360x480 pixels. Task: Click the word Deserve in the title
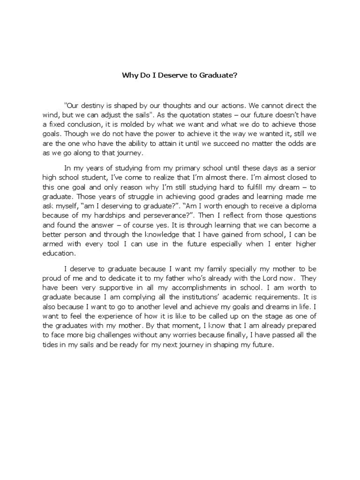pos(160,74)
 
